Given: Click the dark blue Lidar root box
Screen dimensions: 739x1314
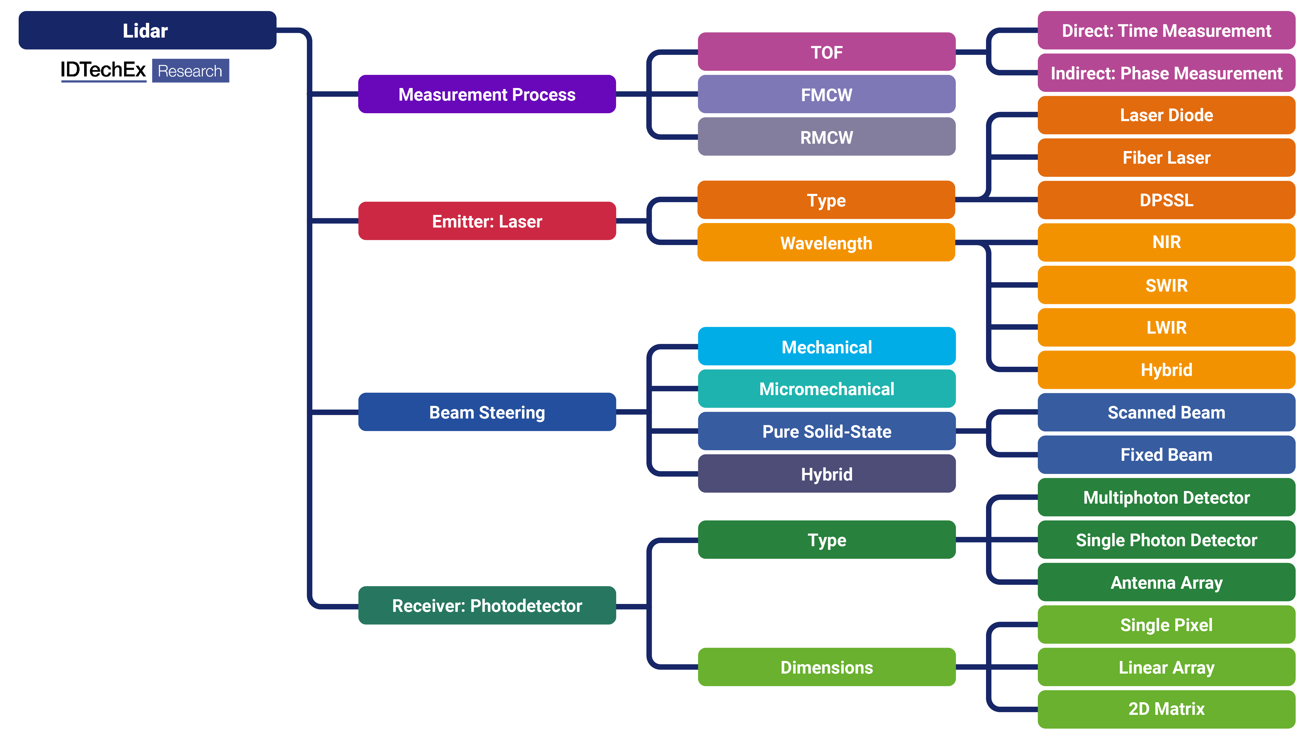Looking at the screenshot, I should point(147,30).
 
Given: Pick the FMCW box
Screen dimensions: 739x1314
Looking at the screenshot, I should point(826,94).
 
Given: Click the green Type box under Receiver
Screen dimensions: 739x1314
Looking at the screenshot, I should point(826,540).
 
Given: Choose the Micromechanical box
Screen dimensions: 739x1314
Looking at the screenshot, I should point(826,389).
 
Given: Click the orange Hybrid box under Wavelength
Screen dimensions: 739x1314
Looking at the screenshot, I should point(1166,370).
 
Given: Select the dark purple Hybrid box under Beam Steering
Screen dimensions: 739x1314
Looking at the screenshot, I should point(826,474).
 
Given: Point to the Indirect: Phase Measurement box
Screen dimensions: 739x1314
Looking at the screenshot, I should point(1166,73).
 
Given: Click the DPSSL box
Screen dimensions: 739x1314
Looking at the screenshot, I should point(1166,200).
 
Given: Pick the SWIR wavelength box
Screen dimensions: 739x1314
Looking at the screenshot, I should point(1166,285).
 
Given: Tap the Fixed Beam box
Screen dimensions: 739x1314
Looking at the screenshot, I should point(1166,454).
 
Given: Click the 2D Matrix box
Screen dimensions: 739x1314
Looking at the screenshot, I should point(1166,709).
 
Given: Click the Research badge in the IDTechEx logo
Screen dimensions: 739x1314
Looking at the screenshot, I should point(190,71).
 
